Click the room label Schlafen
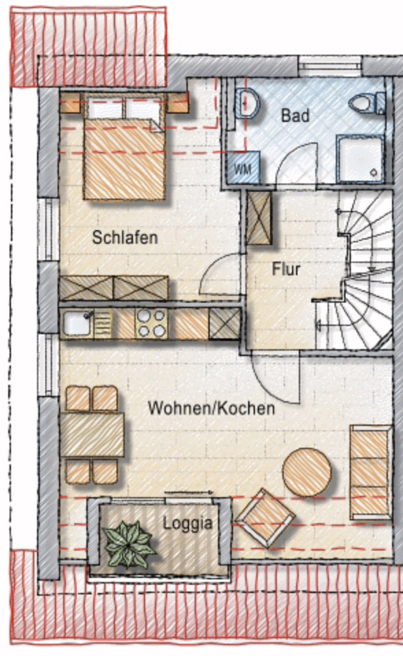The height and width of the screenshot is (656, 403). pyautogui.click(x=125, y=238)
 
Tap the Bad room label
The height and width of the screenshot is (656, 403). pyautogui.click(x=295, y=115)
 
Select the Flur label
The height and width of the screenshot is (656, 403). pyautogui.click(x=286, y=269)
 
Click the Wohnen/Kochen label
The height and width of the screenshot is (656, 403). pyautogui.click(x=211, y=409)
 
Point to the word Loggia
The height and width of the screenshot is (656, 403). pyautogui.click(x=186, y=524)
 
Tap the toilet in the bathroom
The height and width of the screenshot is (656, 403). pyautogui.click(x=367, y=103)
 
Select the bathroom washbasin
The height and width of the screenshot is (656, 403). pyautogui.click(x=246, y=103)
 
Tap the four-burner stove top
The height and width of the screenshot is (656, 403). pyautogui.click(x=151, y=323)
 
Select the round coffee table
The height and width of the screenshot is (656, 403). pyautogui.click(x=306, y=472)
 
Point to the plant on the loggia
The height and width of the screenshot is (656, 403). pyautogui.click(x=128, y=544)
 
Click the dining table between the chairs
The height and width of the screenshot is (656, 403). pyautogui.click(x=92, y=435)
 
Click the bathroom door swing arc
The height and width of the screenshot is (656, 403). pyautogui.click(x=296, y=164)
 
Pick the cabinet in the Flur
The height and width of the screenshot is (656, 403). pyautogui.click(x=259, y=218)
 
